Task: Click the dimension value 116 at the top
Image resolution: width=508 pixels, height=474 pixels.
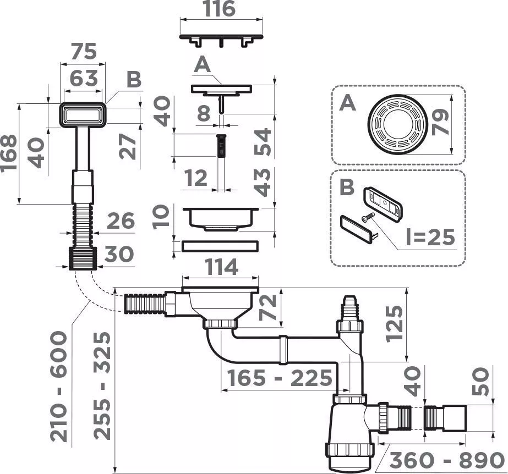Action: click(220, 9)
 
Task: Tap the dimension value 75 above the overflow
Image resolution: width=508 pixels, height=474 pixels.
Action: click(84, 51)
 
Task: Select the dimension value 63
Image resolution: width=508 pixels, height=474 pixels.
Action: click(84, 78)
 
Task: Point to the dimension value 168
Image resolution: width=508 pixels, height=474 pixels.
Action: click(9, 153)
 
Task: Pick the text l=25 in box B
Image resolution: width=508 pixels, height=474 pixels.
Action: click(430, 236)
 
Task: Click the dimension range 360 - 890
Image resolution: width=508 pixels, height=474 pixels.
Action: click(447, 460)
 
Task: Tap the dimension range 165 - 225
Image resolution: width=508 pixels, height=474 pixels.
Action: click(280, 378)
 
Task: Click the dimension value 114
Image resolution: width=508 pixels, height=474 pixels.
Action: click(222, 267)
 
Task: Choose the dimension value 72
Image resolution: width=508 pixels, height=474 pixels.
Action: click(268, 307)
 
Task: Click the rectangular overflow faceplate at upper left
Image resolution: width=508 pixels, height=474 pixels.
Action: click(83, 115)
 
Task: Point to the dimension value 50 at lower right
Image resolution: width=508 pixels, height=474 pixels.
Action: click(480, 381)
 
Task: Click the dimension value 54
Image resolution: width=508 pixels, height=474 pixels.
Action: click(263, 142)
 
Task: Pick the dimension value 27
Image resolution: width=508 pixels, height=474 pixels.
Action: click(128, 147)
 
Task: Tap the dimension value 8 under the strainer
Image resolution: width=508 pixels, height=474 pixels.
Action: click(204, 113)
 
